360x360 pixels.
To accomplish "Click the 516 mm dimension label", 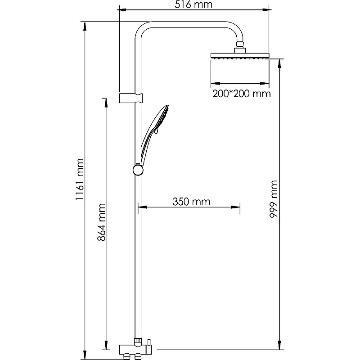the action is tap(193, 4).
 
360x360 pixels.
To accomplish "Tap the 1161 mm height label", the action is tap(80, 179).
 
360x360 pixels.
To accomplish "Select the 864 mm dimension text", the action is tap(101, 222).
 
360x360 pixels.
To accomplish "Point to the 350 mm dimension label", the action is tap(191, 202).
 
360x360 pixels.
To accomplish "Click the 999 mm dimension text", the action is tap(274, 199).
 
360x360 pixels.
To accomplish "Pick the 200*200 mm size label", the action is tap(242, 94).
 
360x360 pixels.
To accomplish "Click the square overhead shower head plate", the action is tap(240, 55).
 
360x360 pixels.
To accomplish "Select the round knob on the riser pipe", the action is tap(138, 170).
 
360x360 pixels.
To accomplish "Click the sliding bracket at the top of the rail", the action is tap(131, 98).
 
